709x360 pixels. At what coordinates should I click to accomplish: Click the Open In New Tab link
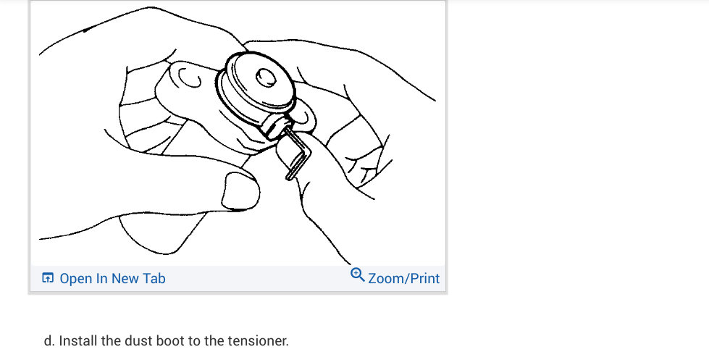[x=112, y=278]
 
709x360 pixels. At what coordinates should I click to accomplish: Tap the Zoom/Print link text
[x=403, y=278]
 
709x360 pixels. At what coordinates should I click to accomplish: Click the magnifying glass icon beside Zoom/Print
[x=357, y=275]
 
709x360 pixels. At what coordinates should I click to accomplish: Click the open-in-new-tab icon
[x=48, y=278]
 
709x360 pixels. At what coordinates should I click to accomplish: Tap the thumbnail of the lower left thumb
[x=238, y=191]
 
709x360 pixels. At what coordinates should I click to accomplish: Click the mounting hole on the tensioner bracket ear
[x=190, y=80]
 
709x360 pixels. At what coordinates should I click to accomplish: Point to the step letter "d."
[x=49, y=340]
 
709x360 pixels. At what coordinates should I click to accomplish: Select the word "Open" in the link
[x=76, y=278]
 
